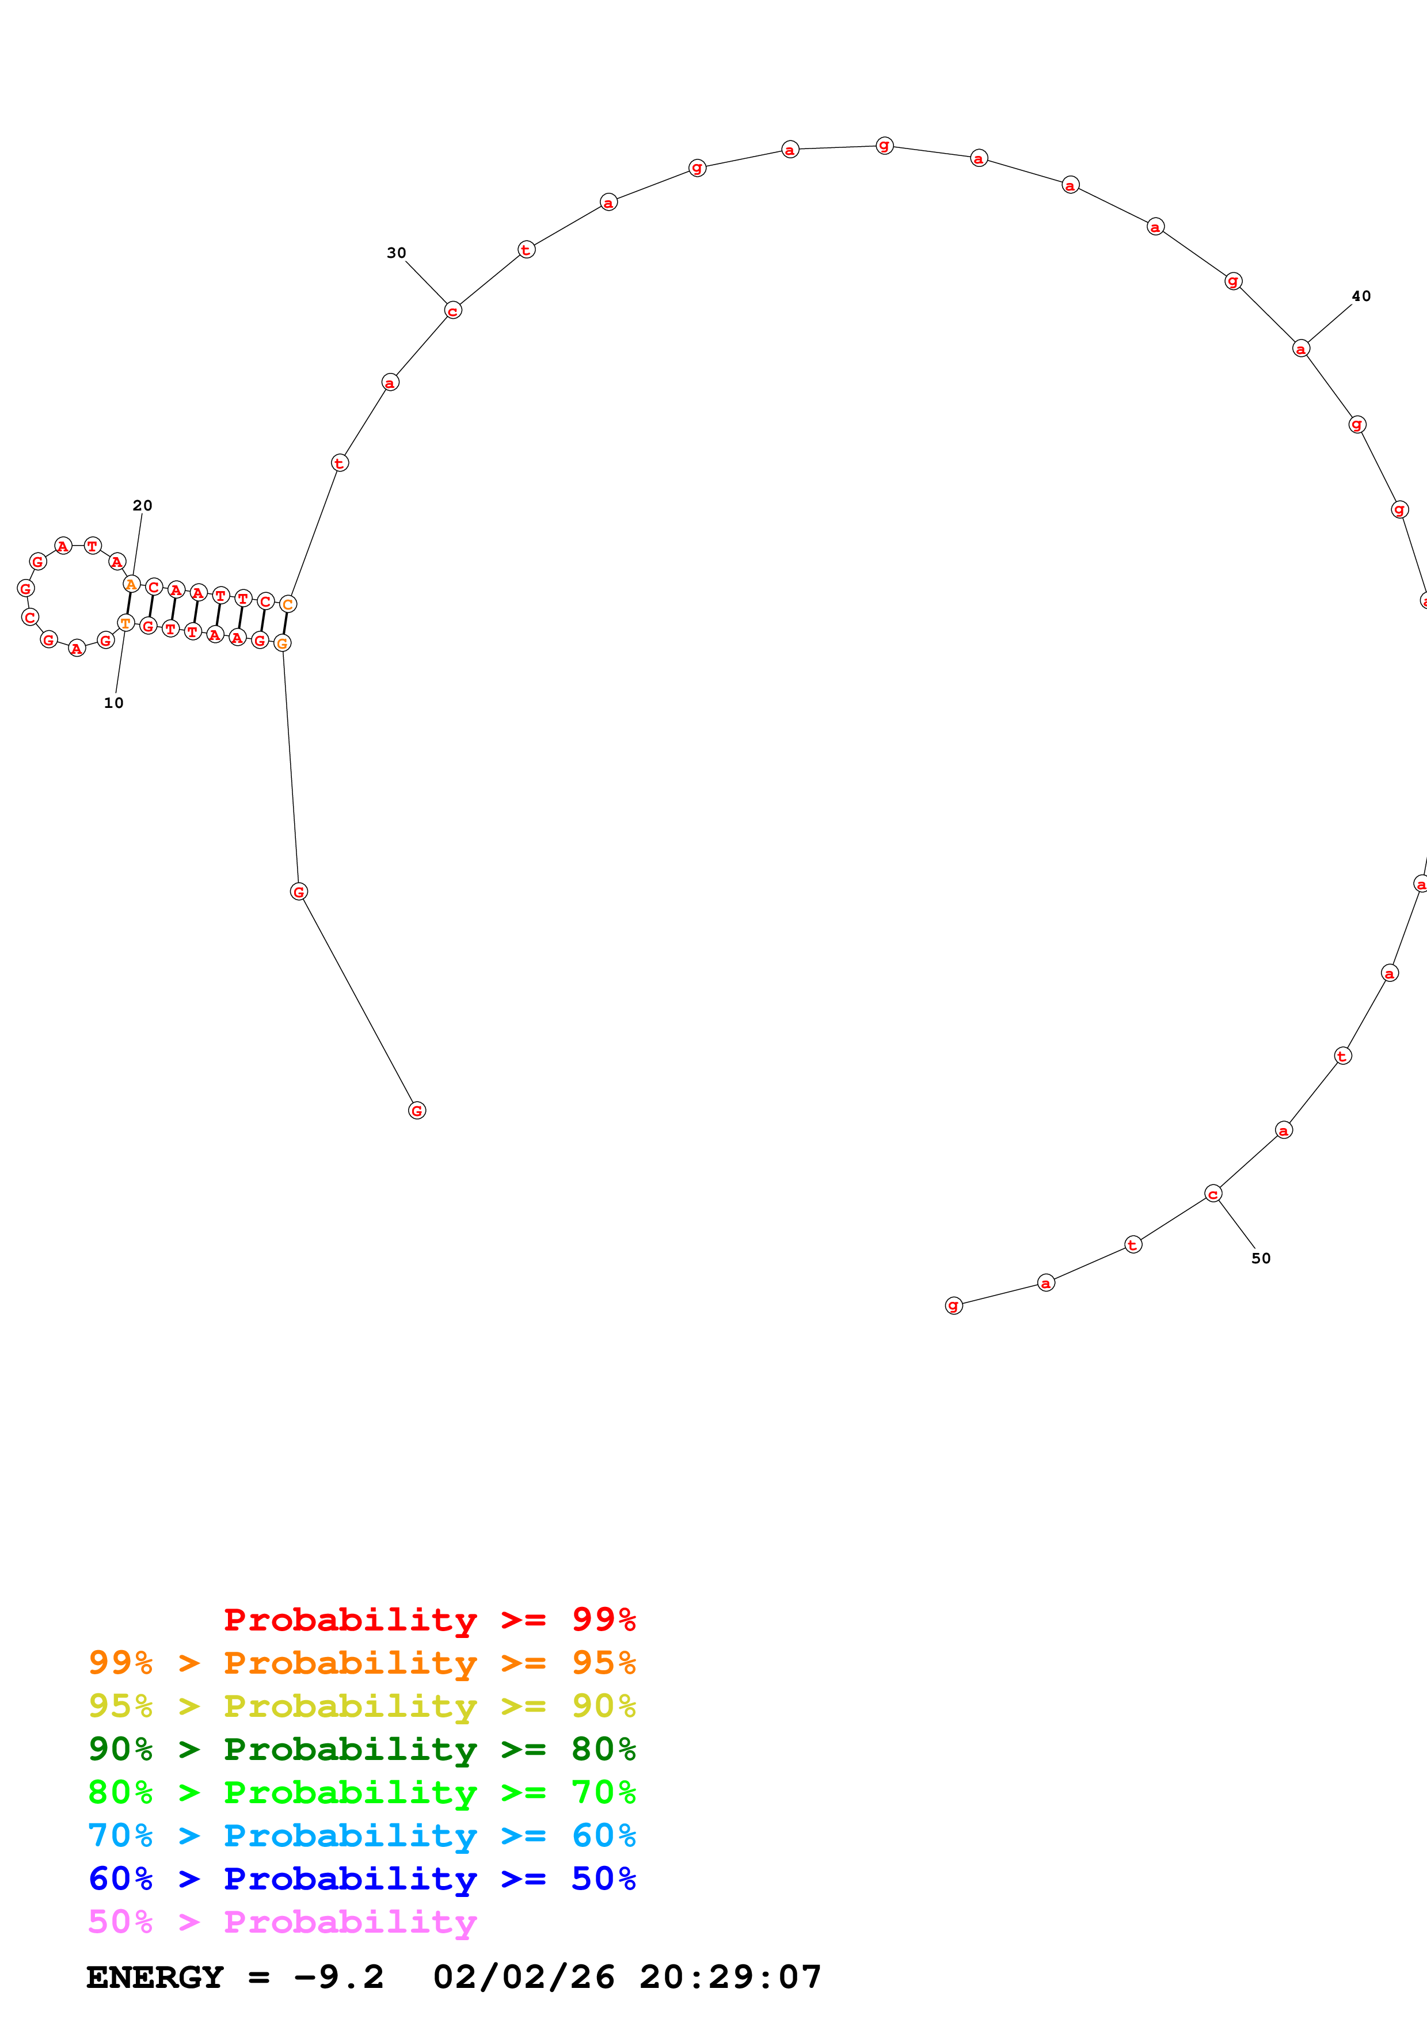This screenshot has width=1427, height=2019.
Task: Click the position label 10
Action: coord(113,703)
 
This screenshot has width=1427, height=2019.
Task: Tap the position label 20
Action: coord(142,506)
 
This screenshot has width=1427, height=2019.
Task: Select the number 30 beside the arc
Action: coord(397,253)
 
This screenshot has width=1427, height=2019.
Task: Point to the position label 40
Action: coord(1361,296)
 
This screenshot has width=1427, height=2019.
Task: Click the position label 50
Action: coord(1261,1258)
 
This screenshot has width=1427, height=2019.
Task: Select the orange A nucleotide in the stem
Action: coord(131,584)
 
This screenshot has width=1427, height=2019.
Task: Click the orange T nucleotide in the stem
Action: coord(125,623)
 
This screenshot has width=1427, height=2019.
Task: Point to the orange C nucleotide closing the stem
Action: coord(287,604)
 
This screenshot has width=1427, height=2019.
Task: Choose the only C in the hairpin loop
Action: coord(30,618)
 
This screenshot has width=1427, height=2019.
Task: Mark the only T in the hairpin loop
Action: coord(92,546)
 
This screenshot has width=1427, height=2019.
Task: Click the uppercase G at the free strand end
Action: coord(417,1111)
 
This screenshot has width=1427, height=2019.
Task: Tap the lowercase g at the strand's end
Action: coord(954,1305)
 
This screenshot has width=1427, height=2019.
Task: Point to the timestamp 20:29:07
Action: coord(730,1977)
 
